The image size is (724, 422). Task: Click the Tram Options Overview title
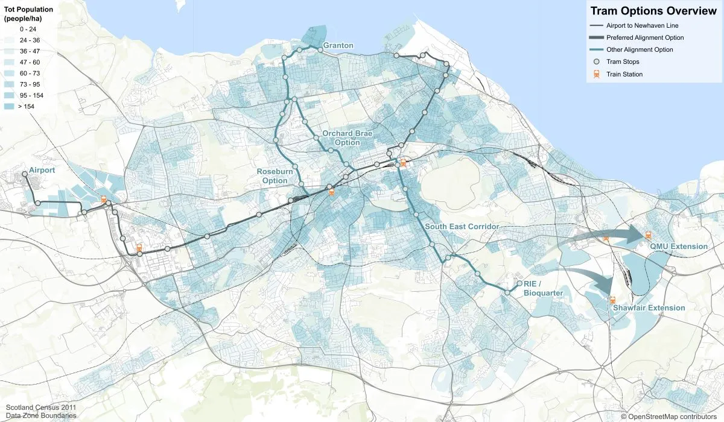tap(653, 11)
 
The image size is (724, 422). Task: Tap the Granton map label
tap(338, 46)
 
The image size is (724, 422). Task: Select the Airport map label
tap(42, 171)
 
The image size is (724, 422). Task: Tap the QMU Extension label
tap(679, 246)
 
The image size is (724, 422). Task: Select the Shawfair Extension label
tap(649, 308)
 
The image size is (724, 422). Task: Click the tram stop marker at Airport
tap(25, 174)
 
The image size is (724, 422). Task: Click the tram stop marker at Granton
tap(320, 51)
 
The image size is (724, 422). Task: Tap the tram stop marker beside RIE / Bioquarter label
tap(519, 283)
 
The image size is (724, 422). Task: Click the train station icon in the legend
tap(596, 74)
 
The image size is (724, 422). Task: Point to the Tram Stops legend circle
tap(596, 61)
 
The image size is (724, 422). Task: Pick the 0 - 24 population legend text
tap(28, 28)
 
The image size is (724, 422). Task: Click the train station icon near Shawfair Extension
tap(612, 300)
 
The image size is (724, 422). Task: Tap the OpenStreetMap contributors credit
tap(671, 417)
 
